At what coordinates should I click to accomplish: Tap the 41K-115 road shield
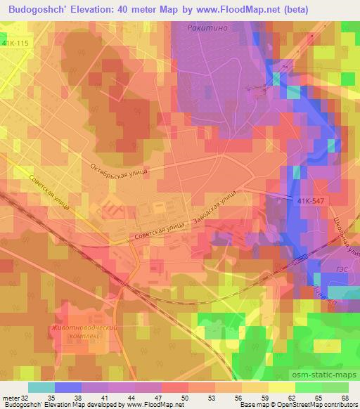coord(15,44)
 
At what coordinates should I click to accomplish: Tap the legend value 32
coord(27,398)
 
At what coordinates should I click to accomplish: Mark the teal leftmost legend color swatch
coord(41,387)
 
